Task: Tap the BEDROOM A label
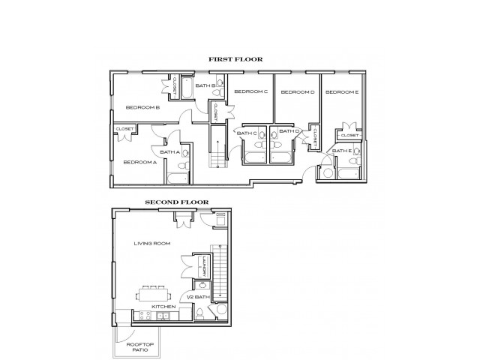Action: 139,162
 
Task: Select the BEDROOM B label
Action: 142,107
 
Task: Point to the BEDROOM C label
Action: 250,91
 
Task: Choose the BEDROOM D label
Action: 297,91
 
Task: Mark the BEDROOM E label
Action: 342,91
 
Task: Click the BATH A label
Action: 169,152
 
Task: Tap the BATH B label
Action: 205,86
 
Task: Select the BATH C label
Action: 247,133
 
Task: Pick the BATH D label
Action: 289,131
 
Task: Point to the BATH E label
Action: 342,151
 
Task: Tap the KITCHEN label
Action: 163,307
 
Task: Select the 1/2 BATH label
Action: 202,298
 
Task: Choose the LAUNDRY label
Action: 203,267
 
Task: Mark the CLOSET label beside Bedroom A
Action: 124,130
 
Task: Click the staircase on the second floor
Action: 220,270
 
